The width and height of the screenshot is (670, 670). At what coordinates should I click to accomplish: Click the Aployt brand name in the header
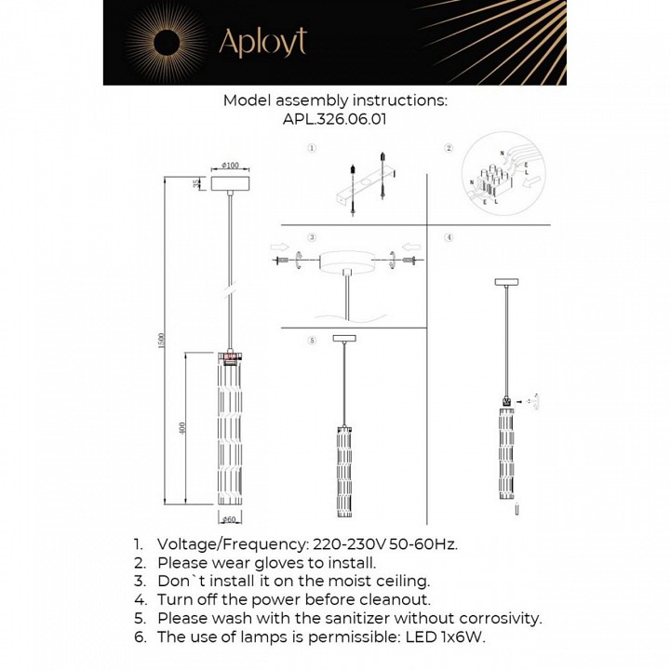click(261, 42)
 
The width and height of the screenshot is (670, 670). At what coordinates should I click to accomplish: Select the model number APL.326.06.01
click(335, 119)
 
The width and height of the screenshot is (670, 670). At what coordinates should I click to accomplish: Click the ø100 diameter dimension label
click(230, 166)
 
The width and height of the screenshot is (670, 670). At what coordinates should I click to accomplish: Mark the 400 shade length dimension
click(183, 428)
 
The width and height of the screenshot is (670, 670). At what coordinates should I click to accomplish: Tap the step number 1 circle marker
click(312, 148)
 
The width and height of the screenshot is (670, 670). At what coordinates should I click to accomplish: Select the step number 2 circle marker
click(449, 148)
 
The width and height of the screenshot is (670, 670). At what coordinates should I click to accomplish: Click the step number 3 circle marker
click(312, 238)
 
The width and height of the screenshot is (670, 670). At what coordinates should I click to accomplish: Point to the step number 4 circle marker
click(449, 238)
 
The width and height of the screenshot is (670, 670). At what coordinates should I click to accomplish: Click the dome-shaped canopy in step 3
click(348, 262)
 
